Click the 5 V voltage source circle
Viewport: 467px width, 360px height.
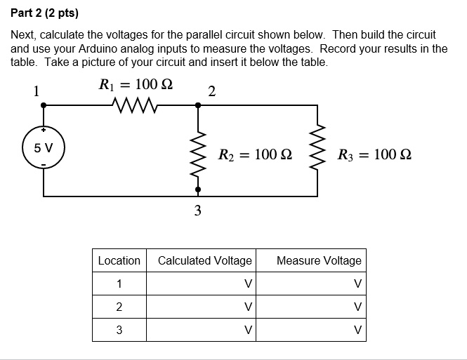point(44,149)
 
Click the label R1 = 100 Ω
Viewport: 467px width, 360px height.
point(136,85)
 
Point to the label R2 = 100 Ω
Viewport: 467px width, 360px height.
point(255,154)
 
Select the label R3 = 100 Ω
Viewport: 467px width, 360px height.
point(374,154)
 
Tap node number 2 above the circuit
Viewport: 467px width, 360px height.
point(212,92)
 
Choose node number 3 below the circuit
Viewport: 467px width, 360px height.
point(197,210)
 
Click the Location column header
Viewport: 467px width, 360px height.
point(119,260)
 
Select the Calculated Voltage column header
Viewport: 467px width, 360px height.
point(204,260)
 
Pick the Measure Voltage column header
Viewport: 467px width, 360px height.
point(319,260)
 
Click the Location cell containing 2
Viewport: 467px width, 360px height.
point(119,307)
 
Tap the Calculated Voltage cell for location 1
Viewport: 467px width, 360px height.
point(204,284)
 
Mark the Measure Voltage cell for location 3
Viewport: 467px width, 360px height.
point(319,329)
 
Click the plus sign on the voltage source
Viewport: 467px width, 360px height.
point(44,131)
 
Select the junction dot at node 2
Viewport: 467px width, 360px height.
point(197,105)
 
